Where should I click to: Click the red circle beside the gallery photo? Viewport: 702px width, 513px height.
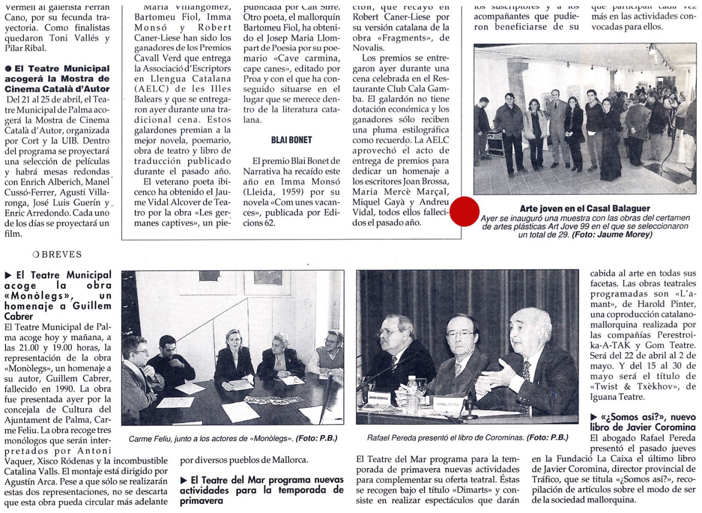point(464,211)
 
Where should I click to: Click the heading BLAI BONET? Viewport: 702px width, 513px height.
point(291,140)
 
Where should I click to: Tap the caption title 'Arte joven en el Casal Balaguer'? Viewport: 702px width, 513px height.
point(585,208)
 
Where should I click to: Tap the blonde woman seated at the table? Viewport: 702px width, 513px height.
point(234,359)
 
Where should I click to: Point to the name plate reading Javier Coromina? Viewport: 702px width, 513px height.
point(378,398)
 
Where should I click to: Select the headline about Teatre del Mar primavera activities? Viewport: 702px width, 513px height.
point(262,490)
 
